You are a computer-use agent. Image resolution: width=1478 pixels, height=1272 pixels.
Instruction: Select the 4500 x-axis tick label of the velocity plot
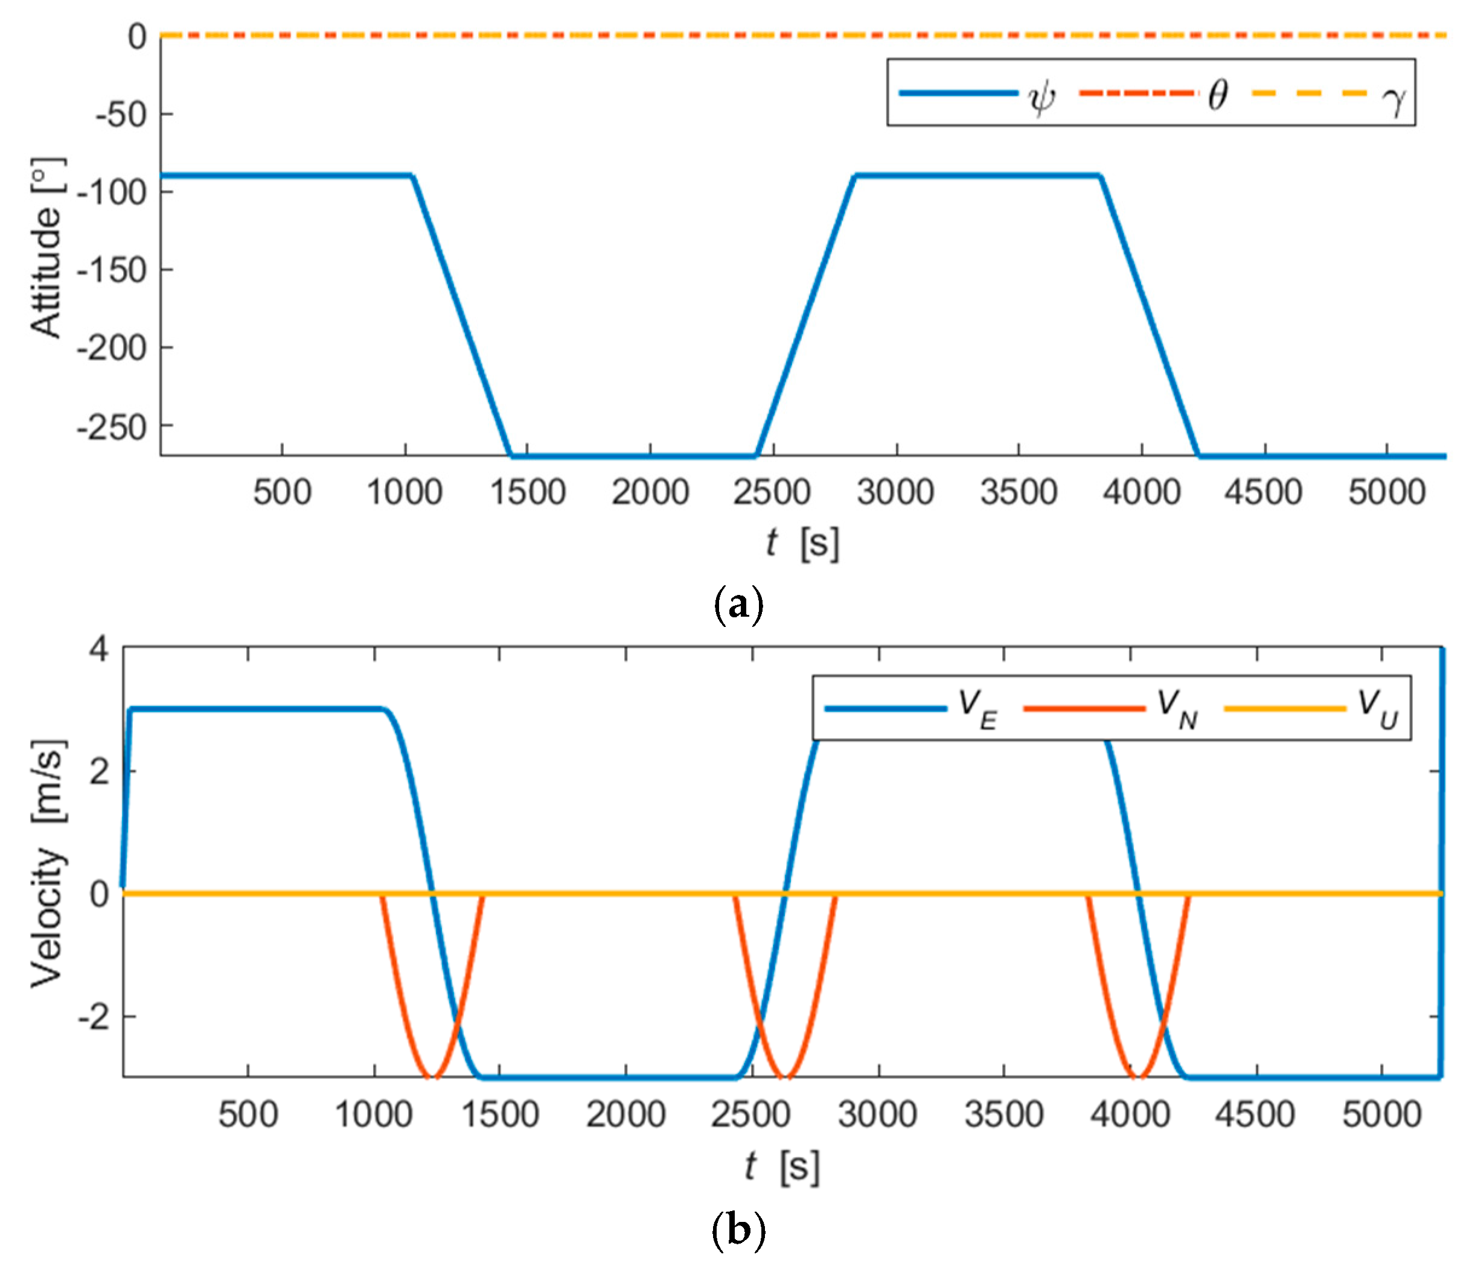point(1255,1114)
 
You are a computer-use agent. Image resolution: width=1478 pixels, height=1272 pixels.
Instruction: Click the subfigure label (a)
point(738,605)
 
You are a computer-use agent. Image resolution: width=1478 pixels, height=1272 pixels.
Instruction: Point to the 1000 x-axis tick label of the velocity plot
point(374,1114)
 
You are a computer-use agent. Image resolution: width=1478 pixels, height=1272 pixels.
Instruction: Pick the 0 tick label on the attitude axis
point(137,36)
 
